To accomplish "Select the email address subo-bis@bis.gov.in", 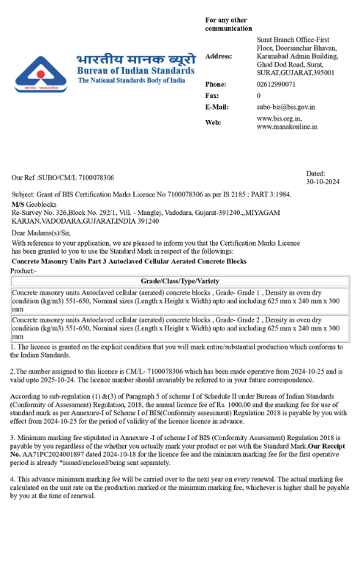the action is tap(286, 107).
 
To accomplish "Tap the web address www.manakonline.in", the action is tap(287, 127).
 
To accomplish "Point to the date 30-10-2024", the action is tap(322, 181).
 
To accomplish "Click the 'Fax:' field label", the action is tap(211, 96).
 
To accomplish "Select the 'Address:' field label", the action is tap(219, 56).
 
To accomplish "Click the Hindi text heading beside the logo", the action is tap(136, 59).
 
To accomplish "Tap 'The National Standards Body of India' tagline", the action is tap(131, 80).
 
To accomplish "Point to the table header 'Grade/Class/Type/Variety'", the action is tap(180, 281).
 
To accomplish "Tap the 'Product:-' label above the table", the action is tap(24, 270).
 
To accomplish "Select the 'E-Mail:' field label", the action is tap(216, 107).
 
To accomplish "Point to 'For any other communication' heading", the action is tap(228, 24).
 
